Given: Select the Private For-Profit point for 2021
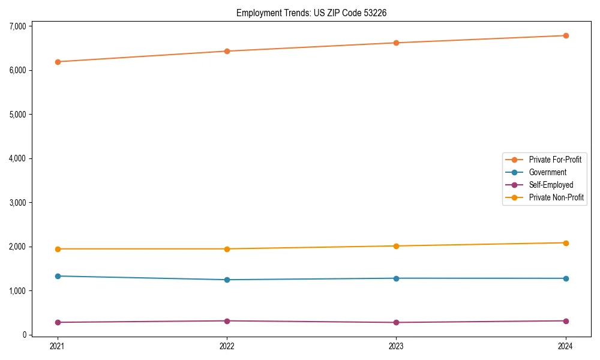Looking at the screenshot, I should tap(58, 62).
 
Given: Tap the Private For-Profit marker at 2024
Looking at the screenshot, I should tap(566, 35).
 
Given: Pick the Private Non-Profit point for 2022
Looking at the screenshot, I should tap(227, 249).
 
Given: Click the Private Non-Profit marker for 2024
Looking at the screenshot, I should tap(566, 243).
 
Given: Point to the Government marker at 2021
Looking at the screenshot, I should tap(58, 276).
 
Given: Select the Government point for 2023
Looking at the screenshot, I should tap(397, 278).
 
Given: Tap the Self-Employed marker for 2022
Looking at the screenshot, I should tap(227, 321).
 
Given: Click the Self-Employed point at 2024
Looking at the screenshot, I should tap(566, 321).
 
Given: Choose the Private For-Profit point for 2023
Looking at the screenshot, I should tap(397, 43).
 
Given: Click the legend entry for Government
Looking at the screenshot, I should tap(547, 172).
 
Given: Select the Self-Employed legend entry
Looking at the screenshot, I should tap(551, 185).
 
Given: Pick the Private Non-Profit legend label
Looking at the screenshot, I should tap(556, 197).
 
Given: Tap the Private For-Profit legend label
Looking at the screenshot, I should tap(555, 160).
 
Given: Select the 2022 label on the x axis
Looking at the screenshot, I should tap(227, 346).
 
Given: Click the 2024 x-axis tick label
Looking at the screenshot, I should tap(566, 346).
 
